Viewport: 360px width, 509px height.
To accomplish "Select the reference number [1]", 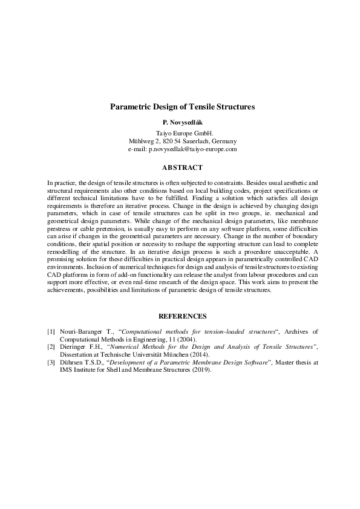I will point(51,332).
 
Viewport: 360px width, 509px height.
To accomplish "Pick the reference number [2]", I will point(51,347).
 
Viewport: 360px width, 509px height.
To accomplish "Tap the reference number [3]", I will point(51,362).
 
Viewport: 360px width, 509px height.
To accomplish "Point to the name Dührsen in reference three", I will point(71,362).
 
